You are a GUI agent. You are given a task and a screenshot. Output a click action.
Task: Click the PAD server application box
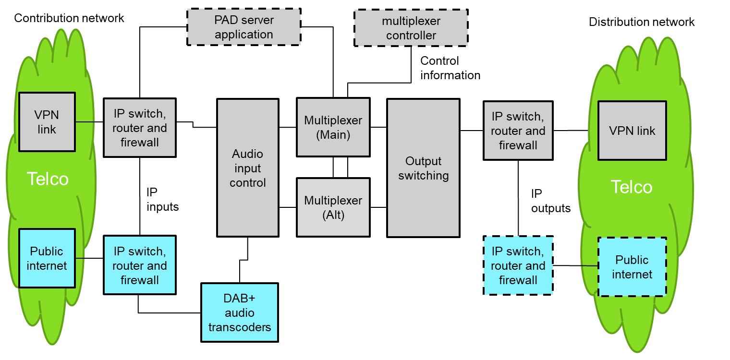click(243, 27)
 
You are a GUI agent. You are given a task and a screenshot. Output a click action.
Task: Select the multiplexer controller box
click(411, 28)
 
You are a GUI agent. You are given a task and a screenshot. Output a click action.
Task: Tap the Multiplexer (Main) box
click(333, 128)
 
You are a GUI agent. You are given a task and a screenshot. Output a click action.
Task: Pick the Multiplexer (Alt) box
click(333, 208)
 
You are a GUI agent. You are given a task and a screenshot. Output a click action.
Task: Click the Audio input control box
click(248, 168)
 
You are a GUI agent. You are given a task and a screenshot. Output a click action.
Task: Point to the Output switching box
click(423, 168)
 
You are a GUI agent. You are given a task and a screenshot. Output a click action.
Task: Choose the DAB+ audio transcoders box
click(239, 312)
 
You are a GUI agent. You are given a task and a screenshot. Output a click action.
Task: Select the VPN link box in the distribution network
click(632, 131)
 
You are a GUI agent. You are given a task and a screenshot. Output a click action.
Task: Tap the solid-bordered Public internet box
click(47, 258)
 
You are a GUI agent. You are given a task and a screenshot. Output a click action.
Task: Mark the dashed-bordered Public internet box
click(632, 267)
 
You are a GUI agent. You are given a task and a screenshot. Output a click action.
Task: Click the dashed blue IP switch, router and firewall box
click(518, 265)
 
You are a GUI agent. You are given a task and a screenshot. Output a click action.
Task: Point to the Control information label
click(450, 68)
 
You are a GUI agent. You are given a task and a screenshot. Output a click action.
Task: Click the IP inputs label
click(162, 200)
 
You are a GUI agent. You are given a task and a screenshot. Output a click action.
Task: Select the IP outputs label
click(550, 201)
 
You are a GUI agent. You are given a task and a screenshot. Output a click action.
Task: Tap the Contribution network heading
click(69, 18)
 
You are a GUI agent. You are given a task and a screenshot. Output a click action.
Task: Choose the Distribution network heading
click(642, 22)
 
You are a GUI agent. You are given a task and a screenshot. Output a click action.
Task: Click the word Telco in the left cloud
click(47, 179)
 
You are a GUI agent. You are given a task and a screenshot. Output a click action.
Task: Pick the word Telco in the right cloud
click(631, 187)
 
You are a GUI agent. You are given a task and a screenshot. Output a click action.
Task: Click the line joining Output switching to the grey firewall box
click(471, 131)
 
